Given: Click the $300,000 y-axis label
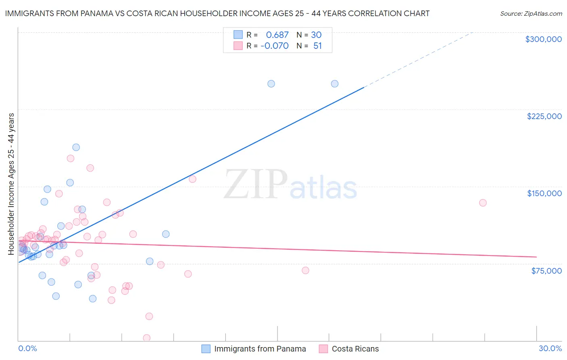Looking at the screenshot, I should pyautogui.click(x=543, y=39).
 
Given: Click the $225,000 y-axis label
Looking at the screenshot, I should pyautogui.click(x=544, y=116).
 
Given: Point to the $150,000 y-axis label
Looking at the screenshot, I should pyautogui.click(x=544, y=193).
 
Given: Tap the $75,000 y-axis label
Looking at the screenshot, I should pyautogui.click(x=546, y=271).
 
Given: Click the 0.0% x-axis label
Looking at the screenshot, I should pyautogui.click(x=27, y=348).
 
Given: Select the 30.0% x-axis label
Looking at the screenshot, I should pyautogui.click(x=550, y=348).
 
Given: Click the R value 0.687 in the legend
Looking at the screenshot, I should pyautogui.click(x=277, y=35).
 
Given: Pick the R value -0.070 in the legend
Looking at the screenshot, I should pyautogui.click(x=274, y=46).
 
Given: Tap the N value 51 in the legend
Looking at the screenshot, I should pyautogui.click(x=317, y=46).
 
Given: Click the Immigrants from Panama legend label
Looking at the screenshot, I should pyautogui.click(x=260, y=349).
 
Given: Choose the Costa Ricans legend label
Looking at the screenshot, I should pyautogui.click(x=355, y=349).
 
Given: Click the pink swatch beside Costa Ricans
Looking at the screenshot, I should pyautogui.click(x=323, y=349).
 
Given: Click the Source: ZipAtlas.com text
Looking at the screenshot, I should pyautogui.click(x=531, y=14).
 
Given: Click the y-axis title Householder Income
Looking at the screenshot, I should pyautogui.click(x=11, y=184).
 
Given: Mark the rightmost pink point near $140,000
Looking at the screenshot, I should pyautogui.click(x=483, y=203).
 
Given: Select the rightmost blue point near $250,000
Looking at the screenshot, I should pyautogui.click(x=335, y=84).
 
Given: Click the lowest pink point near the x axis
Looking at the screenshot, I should pyautogui.click(x=147, y=338).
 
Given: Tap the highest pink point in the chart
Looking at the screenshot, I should pyautogui.click(x=71, y=158).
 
